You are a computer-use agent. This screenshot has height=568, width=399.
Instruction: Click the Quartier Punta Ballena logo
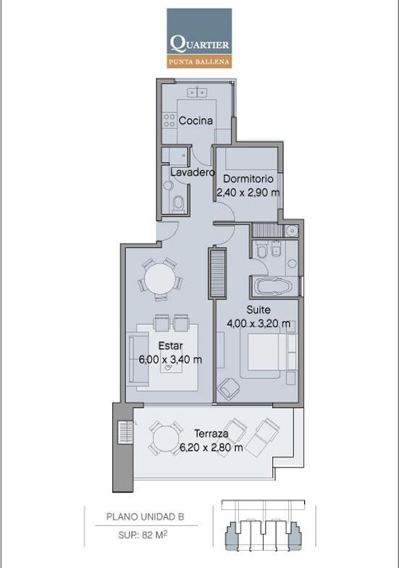point(199,38)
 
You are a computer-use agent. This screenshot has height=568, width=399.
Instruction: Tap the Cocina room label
point(196,121)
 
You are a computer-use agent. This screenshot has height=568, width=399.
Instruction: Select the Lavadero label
point(193,172)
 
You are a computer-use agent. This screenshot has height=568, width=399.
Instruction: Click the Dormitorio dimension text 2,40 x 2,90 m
point(248,192)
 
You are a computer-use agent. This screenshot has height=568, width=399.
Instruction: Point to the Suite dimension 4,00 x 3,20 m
point(259,323)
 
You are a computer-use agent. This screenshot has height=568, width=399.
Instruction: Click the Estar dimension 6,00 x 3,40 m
point(170,360)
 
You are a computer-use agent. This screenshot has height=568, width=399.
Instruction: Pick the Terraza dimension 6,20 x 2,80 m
point(211,448)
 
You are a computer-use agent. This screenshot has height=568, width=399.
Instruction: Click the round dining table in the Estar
point(160,279)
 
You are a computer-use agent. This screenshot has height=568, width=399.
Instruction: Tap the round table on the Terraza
point(165,438)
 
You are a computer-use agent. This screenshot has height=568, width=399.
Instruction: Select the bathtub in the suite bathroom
point(274,287)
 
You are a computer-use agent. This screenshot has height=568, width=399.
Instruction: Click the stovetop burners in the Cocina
point(169,121)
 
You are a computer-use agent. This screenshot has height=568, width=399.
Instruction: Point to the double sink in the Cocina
point(197,93)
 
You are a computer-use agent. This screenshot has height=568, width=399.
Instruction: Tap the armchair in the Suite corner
point(229,389)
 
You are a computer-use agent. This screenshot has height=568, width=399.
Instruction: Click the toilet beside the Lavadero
point(178,203)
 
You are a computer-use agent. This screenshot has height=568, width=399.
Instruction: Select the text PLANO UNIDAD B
point(146,517)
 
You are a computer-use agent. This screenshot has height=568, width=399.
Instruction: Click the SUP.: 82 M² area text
point(143,535)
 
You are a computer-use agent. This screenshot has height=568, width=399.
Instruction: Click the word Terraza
point(211,433)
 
